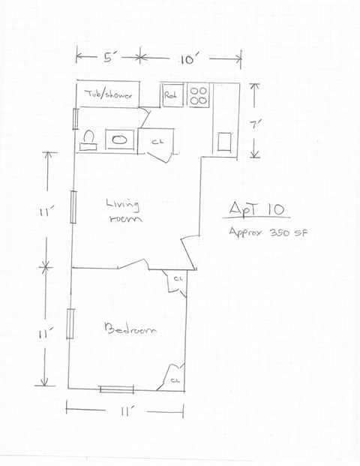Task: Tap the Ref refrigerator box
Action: coord(172,95)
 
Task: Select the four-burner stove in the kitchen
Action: coord(198,95)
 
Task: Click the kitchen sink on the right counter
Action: coord(224,141)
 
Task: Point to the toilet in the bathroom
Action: coord(88,140)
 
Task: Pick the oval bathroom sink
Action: coord(119,140)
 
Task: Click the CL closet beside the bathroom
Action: coord(157,140)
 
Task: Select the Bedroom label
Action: coord(130,329)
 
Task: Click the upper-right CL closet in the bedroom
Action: coord(178,281)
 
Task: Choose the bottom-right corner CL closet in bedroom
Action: coord(175,378)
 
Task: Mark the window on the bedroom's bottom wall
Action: coord(116,389)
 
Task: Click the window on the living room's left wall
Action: coord(73,207)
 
